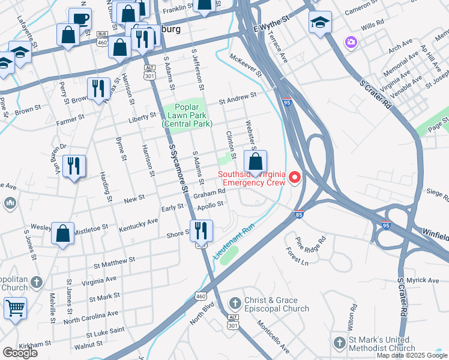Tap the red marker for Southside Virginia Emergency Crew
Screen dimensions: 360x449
click(x=295, y=178)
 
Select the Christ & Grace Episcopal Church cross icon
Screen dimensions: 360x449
click(x=235, y=304)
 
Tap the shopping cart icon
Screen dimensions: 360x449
click(x=15, y=308)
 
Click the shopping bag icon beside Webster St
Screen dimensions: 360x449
click(x=256, y=163)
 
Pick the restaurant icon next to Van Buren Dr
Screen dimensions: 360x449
click(x=74, y=166)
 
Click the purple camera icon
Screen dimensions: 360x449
click(x=350, y=42)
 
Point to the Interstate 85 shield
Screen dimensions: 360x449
click(x=299, y=214)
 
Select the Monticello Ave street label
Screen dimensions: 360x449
click(x=274, y=339)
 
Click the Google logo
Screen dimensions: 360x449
click(x=20, y=353)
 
